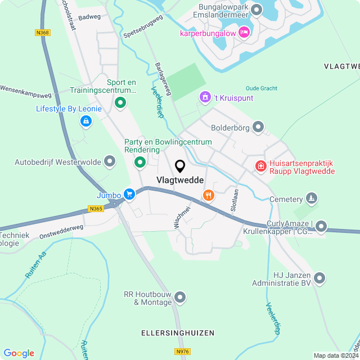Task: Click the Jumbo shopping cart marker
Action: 129,195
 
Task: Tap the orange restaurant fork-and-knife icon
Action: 209,195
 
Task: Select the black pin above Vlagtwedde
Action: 180,166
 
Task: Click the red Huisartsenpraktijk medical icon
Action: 260,166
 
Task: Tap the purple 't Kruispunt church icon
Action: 205,98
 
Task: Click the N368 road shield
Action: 42,33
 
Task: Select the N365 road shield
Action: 96,209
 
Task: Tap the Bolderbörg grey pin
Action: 258,127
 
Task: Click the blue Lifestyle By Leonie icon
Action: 85,120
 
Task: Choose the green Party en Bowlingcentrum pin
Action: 139,163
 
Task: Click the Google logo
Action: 19,353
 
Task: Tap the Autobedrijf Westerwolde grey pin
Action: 110,162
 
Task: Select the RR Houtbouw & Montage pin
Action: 180,296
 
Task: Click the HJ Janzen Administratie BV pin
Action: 319,277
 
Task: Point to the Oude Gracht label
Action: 262,88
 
